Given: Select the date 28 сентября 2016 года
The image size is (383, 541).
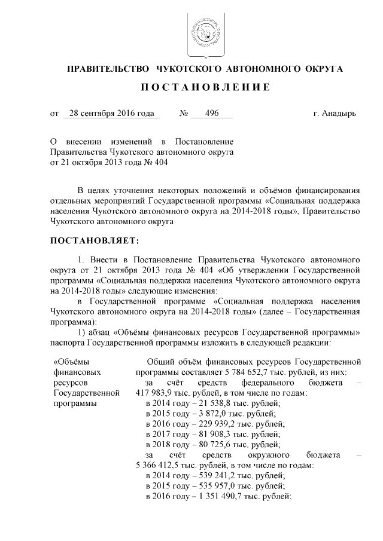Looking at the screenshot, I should coord(111,113).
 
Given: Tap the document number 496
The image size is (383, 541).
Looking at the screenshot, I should coord(211,113).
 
